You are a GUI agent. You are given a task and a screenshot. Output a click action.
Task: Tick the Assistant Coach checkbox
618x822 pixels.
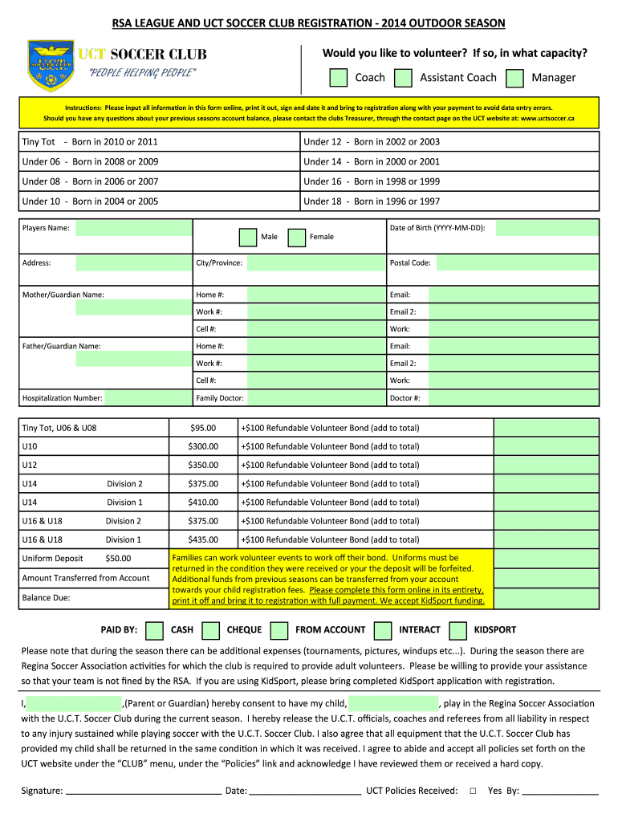[x=405, y=77]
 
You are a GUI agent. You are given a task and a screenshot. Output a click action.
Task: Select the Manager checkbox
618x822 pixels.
[x=516, y=77]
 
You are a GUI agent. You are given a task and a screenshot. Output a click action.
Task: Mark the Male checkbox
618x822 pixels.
[x=248, y=237]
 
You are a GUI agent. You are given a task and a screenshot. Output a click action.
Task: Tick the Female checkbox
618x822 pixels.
[x=297, y=237]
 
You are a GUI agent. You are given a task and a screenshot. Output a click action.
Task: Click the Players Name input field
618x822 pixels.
[x=133, y=228]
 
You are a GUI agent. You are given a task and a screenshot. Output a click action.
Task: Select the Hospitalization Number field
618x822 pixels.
[x=148, y=397]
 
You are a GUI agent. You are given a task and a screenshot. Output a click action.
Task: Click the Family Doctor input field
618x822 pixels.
[x=315, y=397]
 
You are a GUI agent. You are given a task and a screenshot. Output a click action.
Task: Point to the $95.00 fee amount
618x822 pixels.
[x=202, y=428]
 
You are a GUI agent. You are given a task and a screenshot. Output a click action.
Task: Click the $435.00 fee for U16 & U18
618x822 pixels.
[x=202, y=539]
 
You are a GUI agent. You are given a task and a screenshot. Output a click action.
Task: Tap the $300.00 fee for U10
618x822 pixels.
[x=202, y=446]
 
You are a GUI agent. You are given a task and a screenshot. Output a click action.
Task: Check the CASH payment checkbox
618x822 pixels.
[x=156, y=630]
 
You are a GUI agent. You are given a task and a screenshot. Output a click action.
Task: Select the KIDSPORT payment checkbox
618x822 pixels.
[x=458, y=630]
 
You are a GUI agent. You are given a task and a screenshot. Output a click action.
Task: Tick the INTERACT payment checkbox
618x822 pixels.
[x=383, y=630]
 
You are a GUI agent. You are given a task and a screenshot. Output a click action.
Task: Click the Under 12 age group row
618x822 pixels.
[x=451, y=142]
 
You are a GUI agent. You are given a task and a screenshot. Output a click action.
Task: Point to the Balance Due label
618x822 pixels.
[x=46, y=598]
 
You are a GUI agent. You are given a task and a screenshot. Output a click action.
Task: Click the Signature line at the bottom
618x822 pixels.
[x=144, y=790]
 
